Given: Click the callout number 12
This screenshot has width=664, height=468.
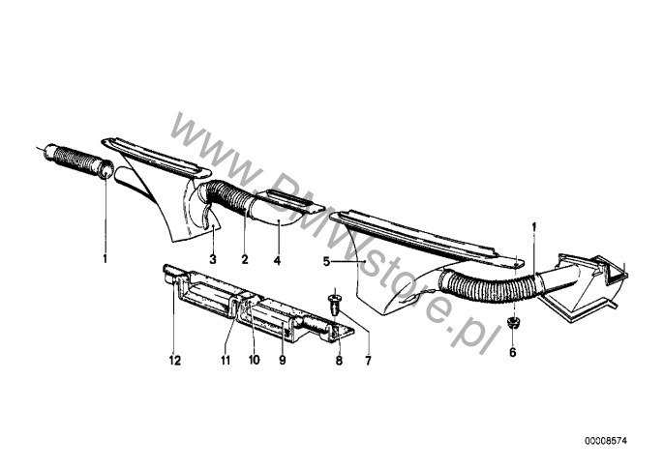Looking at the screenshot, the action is coord(175,360).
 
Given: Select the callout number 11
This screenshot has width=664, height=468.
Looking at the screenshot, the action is coord(226,360).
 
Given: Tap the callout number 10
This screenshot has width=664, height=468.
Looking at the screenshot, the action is coord(254,360).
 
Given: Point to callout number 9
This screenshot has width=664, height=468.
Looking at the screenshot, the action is coord(283,360).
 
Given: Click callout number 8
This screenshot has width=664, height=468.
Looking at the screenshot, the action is coord(339,361).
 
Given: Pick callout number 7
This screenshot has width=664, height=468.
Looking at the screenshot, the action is coord(368,361).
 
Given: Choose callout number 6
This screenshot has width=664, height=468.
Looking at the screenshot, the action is coord(513,352).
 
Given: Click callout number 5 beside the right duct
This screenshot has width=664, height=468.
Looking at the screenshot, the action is coord(326,262).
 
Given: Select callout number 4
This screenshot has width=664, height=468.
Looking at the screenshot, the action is coord(277,260).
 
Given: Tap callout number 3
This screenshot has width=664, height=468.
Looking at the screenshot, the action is coord(213,259).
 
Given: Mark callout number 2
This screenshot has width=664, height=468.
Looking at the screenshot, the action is coord(245,259).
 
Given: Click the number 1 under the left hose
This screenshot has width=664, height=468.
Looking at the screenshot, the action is coord(105,258).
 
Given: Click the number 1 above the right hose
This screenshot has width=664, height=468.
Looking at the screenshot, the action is coord(534,227).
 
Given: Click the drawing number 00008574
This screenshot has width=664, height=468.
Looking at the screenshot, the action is coord(606,441).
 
